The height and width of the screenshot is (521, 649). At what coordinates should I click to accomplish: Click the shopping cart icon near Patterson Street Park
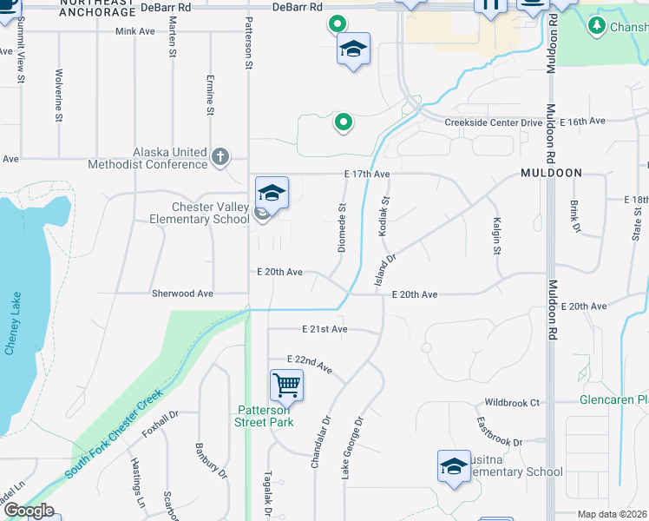pos(286,384)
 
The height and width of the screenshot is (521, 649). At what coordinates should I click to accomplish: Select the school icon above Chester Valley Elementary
pos(272,192)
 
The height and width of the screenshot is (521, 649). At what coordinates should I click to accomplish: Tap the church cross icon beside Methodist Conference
pos(220,158)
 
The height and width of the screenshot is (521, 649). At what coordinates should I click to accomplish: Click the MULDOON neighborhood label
pos(551,173)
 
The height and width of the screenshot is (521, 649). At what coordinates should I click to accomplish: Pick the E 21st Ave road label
pos(324,329)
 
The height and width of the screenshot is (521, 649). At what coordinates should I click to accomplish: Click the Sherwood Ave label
pos(182,293)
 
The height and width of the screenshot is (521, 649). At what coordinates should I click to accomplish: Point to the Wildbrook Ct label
pos(512,403)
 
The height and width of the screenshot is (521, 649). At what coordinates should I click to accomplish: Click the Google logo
pos(29,511)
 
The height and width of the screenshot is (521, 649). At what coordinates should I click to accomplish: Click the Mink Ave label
pos(134,31)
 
